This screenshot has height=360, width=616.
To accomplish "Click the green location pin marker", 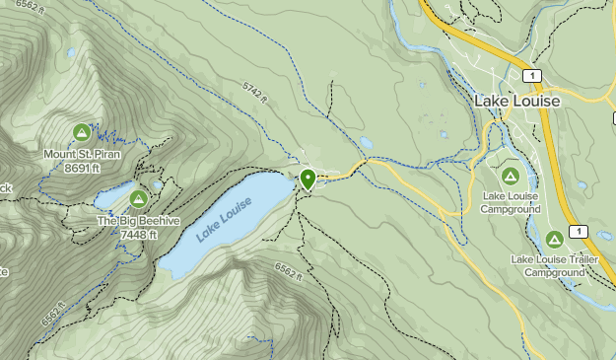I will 308,180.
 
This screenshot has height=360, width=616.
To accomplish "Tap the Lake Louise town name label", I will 516,102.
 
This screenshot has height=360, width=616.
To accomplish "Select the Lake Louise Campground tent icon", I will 511,176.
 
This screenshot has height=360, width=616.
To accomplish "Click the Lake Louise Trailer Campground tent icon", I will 555,240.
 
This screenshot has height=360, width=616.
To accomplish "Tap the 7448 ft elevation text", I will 138,235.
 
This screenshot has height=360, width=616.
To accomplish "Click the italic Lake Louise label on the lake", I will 224,219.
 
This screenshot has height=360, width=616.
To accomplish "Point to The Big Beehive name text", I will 139,222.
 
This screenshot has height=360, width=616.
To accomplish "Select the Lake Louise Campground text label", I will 511,202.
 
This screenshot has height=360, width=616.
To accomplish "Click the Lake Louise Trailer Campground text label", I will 555,265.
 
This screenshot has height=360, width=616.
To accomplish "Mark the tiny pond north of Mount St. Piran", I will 71,52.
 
